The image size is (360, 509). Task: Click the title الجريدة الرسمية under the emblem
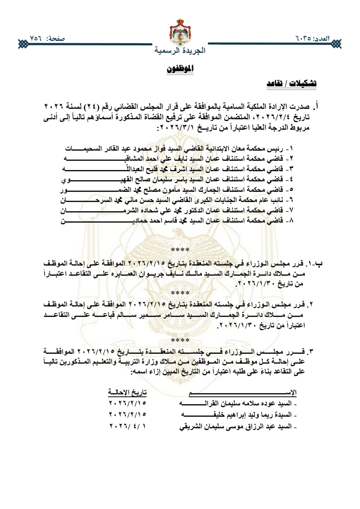[180, 50]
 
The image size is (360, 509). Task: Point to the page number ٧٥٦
[36, 38]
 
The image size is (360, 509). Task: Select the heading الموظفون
[180, 68]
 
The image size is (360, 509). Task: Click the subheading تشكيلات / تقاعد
[292, 84]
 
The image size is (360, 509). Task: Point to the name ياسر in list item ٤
[179, 179]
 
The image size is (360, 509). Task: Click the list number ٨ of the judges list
[291, 220]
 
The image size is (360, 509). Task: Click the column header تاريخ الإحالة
[127, 392]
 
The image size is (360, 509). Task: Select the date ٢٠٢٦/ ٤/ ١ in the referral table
[127, 427]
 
